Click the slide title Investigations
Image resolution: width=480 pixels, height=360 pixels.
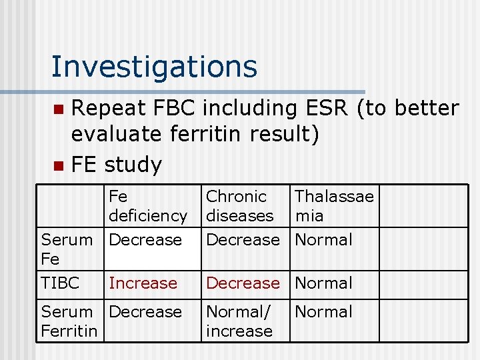click(154, 67)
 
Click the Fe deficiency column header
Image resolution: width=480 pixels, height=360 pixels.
click(147, 206)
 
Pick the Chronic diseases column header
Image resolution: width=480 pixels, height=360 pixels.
click(239, 206)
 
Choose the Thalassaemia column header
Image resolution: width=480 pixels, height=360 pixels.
click(333, 206)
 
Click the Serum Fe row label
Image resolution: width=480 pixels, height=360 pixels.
click(67, 249)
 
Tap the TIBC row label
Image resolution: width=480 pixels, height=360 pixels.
click(60, 283)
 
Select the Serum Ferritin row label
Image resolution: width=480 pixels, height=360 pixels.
click(69, 321)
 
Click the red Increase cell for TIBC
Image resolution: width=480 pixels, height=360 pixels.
click(143, 283)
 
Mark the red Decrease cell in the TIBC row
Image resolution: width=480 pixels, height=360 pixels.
click(243, 283)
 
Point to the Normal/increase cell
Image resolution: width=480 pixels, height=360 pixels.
click(239, 321)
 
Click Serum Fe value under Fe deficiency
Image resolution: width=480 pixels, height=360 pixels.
click(145, 239)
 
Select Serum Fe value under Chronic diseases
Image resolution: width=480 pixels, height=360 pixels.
click(243, 239)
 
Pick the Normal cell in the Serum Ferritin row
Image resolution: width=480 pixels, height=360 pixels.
click(323, 311)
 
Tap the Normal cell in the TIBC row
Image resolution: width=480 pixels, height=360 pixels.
click(323, 283)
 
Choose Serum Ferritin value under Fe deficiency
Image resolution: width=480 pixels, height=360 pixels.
click(145, 311)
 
